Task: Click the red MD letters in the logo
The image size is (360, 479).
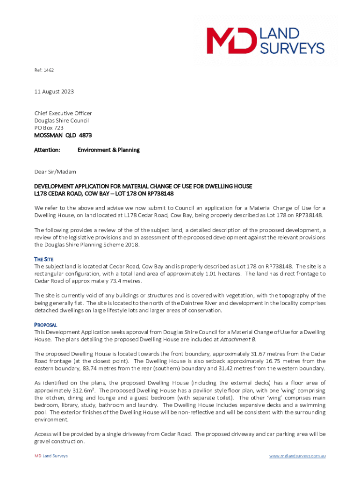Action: pyautogui.click(x=231, y=41)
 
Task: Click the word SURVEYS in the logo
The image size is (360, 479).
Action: pyautogui.click(x=292, y=48)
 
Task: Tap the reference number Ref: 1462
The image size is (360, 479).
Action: pyautogui.click(x=44, y=70)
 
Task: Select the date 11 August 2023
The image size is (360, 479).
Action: pyautogui.click(x=54, y=92)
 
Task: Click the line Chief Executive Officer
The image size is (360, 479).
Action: pyautogui.click(x=63, y=113)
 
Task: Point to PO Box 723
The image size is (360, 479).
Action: pyautogui.click(x=49, y=128)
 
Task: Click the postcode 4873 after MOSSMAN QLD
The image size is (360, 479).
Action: pyautogui.click(x=86, y=135)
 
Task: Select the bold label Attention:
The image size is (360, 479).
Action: pyautogui.click(x=47, y=150)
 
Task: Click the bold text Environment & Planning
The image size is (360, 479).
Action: pyautogui.click(x=108, y=150)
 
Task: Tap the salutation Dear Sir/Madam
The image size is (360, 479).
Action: pyautogui.click(x=55, y=172)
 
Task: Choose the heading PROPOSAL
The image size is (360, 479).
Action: pyautogui.click(x=46, y=325)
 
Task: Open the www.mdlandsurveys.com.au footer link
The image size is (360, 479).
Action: pyautogui.click(x=297, y=456)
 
